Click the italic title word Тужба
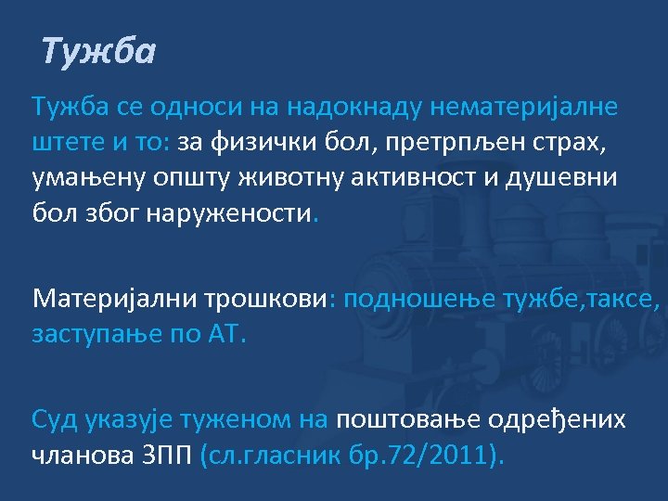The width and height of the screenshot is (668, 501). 98,52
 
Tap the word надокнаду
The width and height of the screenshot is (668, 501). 353,108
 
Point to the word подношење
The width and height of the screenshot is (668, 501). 424,299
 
